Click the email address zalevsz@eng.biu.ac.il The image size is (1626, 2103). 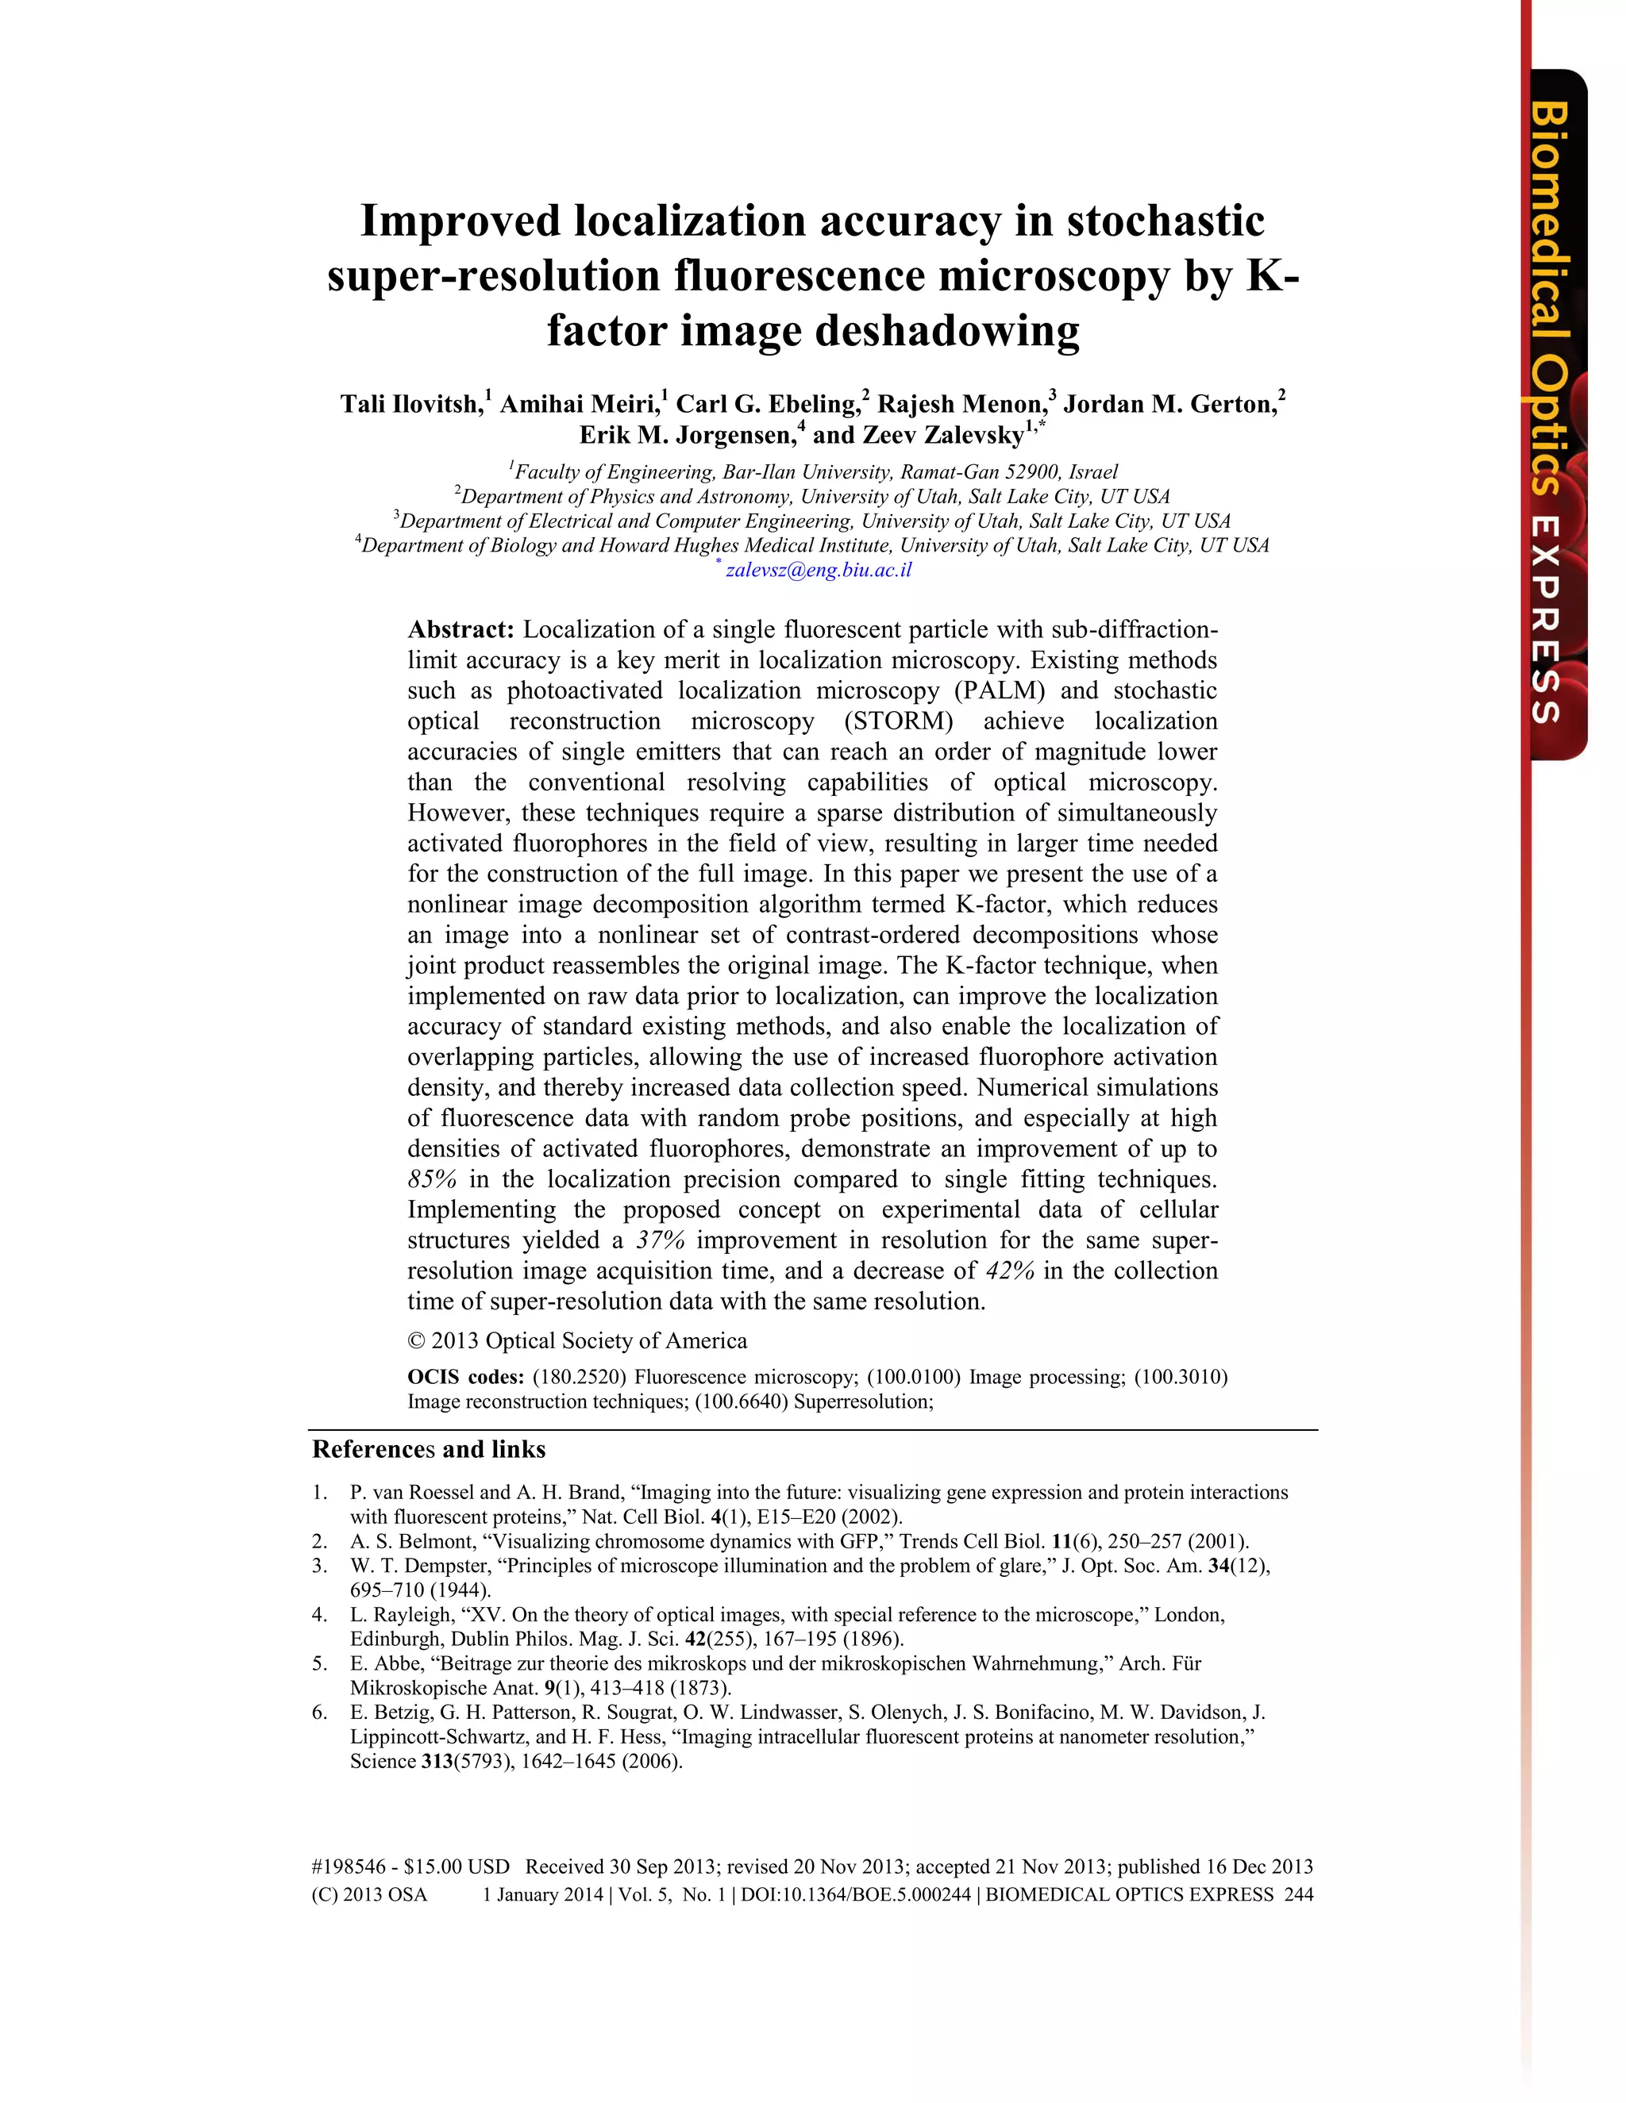pos(818,569)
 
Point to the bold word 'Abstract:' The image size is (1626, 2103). pos(460,630)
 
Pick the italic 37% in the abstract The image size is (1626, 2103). pos(660,1240)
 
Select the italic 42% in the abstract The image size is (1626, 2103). pos(1010,1271)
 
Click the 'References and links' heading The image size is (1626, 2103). pos(429,1449)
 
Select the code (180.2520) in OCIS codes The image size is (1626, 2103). pos(578,1377)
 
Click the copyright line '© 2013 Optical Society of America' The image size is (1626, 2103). pos(577,1341)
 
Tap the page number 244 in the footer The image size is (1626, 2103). pos(1298,1895)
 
